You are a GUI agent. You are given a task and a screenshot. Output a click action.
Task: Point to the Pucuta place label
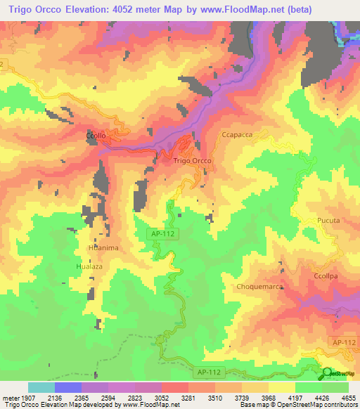328,221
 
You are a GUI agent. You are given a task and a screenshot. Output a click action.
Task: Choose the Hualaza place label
89,267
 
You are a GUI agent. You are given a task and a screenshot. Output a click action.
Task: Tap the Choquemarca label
259,287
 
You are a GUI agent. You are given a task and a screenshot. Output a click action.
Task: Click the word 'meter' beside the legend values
11,398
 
